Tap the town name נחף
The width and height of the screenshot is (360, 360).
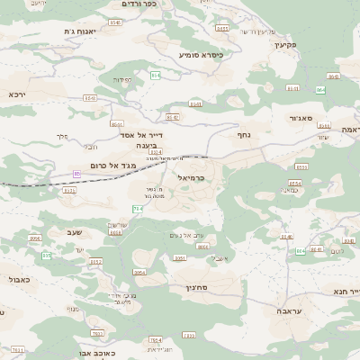pyautogui.click(x=243, y=134)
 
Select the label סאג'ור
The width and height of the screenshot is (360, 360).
pyautogui.click(x=299, y=118)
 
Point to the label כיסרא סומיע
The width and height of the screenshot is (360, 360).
pyautogui.click(x=201, y=55)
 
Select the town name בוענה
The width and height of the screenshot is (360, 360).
pyautogui.click(x=146, y=144)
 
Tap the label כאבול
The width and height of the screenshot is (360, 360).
pyautogui.click(x=19, y=280)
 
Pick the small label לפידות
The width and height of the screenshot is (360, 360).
pyautogui.click(x=122, y=79)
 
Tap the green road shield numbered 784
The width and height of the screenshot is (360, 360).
pyautogui.click(x=138, y=209)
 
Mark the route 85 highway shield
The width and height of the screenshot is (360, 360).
pyautogui.click(x=77, y=173)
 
